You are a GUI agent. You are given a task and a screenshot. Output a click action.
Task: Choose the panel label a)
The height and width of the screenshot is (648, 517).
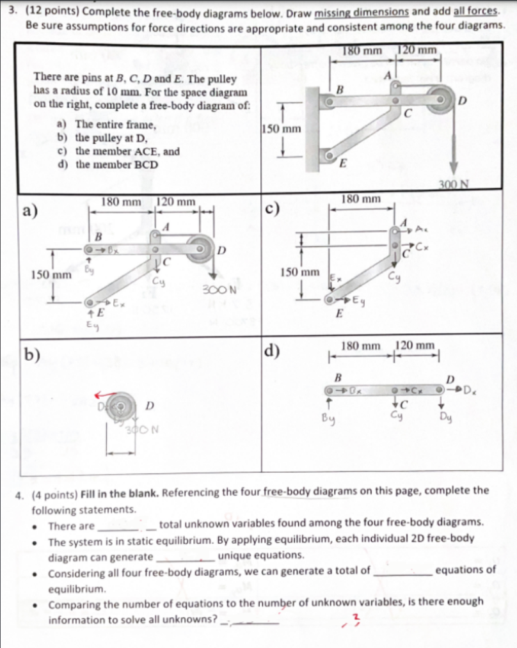tap(29, 209)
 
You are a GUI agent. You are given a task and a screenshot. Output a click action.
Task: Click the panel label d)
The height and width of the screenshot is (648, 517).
tap(273, 351)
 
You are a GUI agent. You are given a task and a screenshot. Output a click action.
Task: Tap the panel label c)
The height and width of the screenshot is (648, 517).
tap(273, 209)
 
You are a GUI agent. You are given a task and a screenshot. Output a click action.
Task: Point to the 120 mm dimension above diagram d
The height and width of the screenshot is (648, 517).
tap(417, 346)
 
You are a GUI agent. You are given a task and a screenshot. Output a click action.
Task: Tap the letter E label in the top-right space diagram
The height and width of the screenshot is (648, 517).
tap(341, 164)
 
